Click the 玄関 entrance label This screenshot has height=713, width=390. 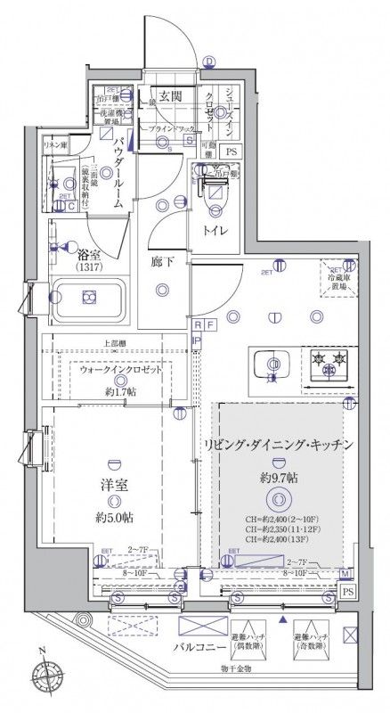(x=171, y=96)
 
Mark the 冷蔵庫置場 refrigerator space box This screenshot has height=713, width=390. (x=337, y=280)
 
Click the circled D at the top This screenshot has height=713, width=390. (x=207, y=61)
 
